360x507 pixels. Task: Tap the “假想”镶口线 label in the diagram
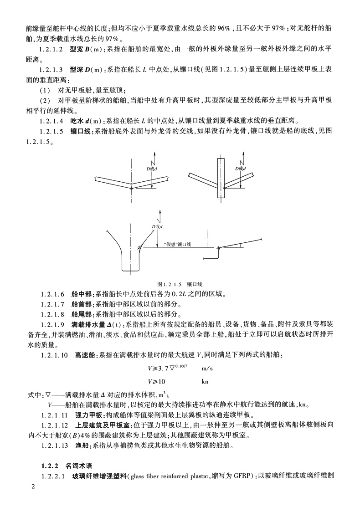click(x=178, y=244)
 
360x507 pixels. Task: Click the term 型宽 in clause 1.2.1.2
click(x=77, y=50)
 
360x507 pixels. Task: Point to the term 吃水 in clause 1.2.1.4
click(x=77, y=121)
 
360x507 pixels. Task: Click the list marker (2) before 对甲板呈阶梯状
click(x=45, y=100)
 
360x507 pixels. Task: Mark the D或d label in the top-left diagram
click(x=151, y=169)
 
